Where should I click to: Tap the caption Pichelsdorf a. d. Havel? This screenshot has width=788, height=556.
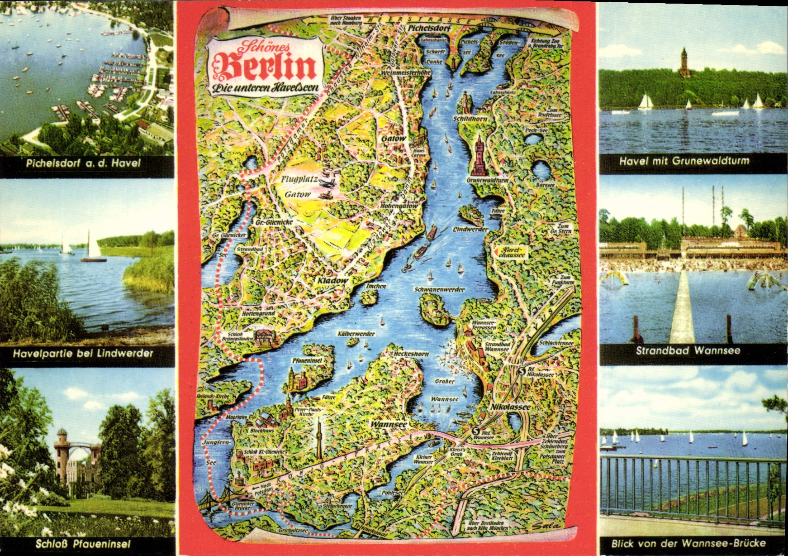[83, 163]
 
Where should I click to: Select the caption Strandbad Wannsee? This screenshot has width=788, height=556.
[688, 350]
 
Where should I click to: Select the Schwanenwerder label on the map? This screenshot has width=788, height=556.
[439, 289]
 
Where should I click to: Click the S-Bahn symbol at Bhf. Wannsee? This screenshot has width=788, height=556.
[475, 431]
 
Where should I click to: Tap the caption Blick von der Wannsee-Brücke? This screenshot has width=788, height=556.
[688, 543]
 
